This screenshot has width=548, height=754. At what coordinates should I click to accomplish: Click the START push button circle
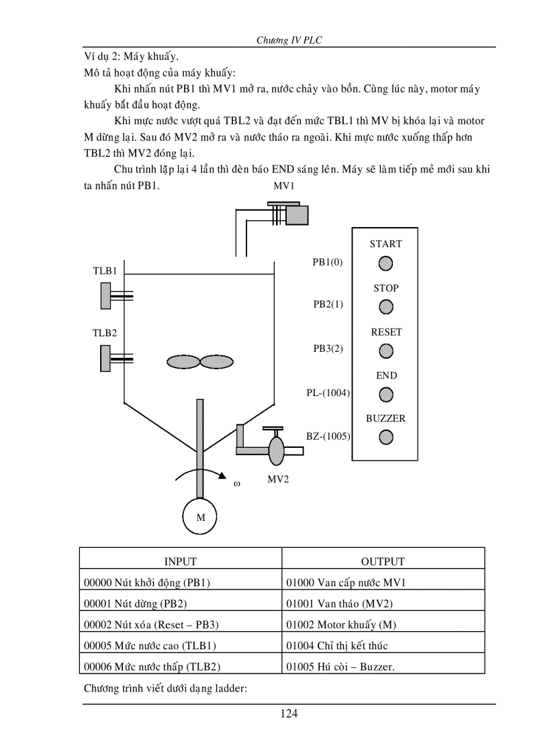coord(385,264)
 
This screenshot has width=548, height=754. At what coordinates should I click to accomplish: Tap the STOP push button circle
coord(386,307)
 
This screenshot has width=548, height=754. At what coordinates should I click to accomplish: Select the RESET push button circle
coord(386,351)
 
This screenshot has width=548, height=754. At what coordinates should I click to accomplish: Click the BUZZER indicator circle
coord(386,438)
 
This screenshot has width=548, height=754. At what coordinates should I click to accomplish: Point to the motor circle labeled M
coord(200,518)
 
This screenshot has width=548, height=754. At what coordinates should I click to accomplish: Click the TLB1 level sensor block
coord(105,295)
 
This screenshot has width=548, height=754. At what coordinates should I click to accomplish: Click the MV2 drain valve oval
coord(276,448)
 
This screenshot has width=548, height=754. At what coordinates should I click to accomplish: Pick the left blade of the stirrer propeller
coord(183,362)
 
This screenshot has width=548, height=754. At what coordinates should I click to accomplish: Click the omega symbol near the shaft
coord(236,483)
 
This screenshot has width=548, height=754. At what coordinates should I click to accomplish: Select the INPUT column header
coord(181,561)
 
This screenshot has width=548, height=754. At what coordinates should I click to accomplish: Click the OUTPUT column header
coord(383,561)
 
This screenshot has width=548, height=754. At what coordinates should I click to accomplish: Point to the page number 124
coord(289,713)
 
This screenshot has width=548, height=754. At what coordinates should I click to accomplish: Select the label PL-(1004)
coord(328,393)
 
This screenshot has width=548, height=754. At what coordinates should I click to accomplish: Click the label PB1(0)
coord(328,263)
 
